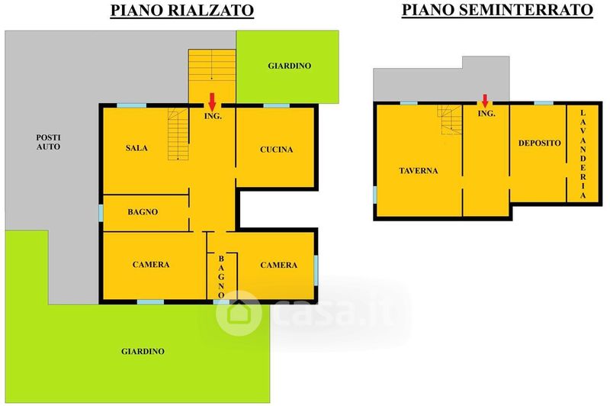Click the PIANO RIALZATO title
[182, 11]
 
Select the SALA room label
[136, 148]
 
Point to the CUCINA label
[276, 150]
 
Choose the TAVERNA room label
[418, 171]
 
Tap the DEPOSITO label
[540, 143]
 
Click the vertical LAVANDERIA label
[583, 154]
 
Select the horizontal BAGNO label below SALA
[143, 212]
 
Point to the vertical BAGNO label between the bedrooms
[222, 276]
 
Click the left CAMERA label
[151, 265]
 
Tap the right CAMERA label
[278, 265]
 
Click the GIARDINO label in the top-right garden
[290, 66]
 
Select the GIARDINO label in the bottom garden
[143, 352]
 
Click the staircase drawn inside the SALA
[178, 134]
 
